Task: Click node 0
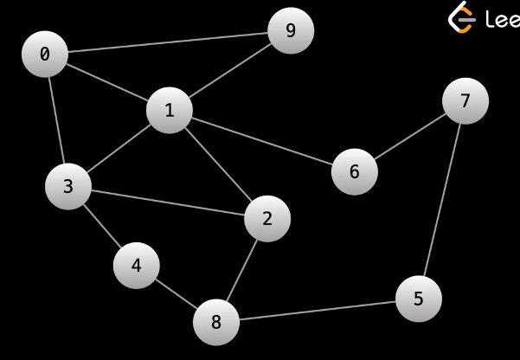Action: tap(45, 55)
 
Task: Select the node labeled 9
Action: tap(291, 31)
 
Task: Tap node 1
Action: tap(169, 110)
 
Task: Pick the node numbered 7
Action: tap(465, 101)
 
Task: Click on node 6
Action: tap(354, 171)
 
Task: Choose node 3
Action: tap(68, 186)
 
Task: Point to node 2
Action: tap(267, 219)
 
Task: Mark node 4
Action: tap(136, 266)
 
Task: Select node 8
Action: tap(215, 323)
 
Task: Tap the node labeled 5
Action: tap(419, 299)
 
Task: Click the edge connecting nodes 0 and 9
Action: tap(168, 42)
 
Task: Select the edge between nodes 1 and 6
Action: tap(261, 140)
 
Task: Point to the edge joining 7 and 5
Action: tap(442, 200)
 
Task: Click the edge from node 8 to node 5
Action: tap(317, 311)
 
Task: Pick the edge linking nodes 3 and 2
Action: tap(168, 202)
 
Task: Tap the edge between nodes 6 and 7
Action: tap(409, 136)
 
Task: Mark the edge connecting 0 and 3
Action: tap(56, 120)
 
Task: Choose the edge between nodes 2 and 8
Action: tap(241, 271)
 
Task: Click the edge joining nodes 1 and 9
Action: tap(229, 71)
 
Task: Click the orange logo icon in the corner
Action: tap(462, 17)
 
